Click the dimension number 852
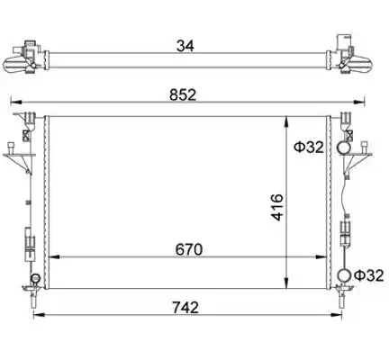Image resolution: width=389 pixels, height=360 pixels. point(183,94)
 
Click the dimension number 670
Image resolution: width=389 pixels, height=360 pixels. point(189,249)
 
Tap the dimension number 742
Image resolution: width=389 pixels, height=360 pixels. point(185,308)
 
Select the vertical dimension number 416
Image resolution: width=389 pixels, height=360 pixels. point(277,207)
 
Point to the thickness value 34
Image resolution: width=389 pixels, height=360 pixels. point(185,46)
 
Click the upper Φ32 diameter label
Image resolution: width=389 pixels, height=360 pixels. point(309,148)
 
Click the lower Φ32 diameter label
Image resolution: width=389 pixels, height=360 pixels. point(369,275)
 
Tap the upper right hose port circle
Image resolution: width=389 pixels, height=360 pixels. point(343,148)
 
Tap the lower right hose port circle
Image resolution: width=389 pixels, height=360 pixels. point(344,275)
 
